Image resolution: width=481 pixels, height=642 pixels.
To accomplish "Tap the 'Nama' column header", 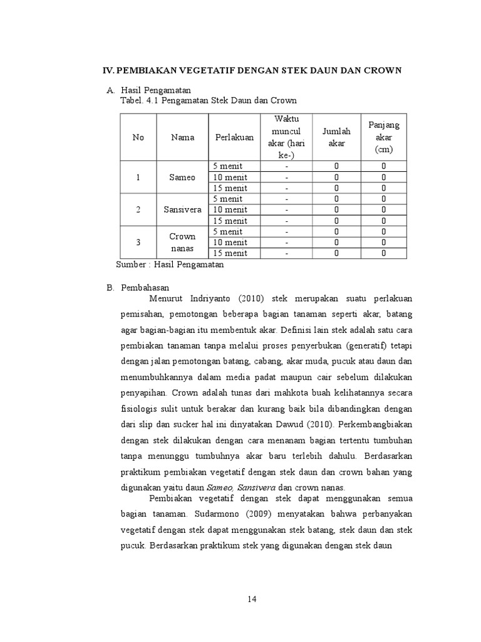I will pyautogui.click(x=182, y=137).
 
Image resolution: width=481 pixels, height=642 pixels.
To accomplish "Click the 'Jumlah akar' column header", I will pyautogui.click(x=336, y=137).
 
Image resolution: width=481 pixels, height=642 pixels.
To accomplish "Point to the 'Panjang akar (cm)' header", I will pyautogui.click(x=383, y=137).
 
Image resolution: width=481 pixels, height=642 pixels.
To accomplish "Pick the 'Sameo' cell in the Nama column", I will pyautogui.click(x=182, y=177).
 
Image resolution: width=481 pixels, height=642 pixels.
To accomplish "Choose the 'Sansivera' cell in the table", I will pyautogui.click(x=182, y=209).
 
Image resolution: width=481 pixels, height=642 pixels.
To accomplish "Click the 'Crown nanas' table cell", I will pyautogui.click(x=182, y=242).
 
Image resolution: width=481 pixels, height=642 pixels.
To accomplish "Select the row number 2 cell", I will pyautogui.click(x=138, y=209).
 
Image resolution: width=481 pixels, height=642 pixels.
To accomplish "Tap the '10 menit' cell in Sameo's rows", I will pyautogui.click(x=229, y=177).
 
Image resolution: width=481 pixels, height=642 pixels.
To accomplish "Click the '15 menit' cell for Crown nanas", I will pyautogui.click(x=229, y=253).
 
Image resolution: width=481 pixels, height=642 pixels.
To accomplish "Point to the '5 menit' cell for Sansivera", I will pyautogui.click(x=227, y=199).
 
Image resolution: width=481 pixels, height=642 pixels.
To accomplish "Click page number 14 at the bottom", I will pyautogui.click(x=252, y=599).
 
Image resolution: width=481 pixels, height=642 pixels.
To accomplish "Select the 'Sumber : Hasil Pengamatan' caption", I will pyautogui.click(x=170, y=265).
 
